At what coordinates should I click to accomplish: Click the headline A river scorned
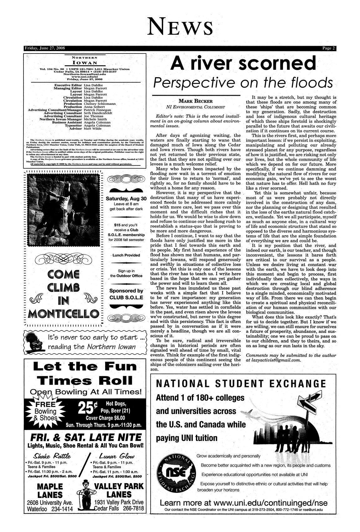point(243,63)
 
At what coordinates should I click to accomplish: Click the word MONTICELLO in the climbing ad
point(64,313)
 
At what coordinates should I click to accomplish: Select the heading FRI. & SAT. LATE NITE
point(84,437)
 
